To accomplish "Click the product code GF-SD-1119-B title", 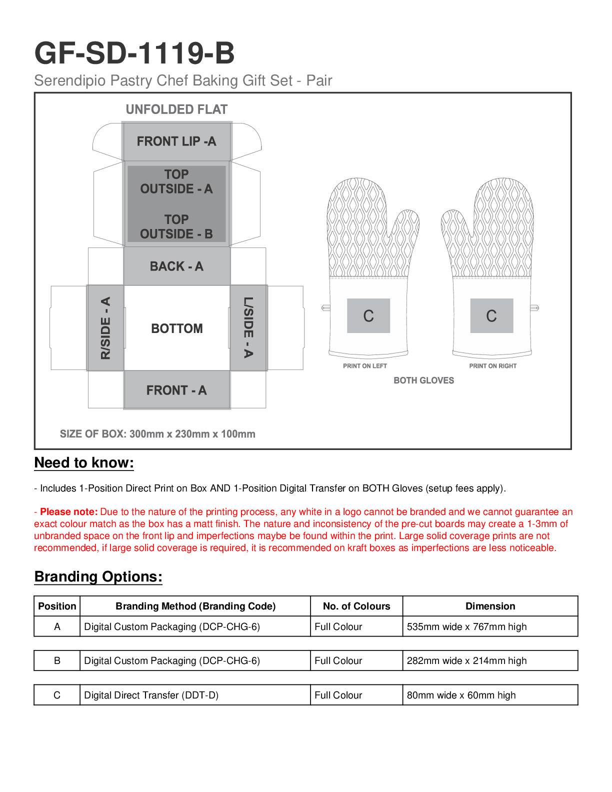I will [x=134, y=53].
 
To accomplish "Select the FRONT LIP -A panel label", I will [x=176, y=141].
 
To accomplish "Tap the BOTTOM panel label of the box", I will [x=177, y=328].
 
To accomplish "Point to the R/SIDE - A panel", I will [x=105, y=328].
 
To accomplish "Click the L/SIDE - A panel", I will [x=248, y=327].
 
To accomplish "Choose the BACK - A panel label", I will [x=176, y=266].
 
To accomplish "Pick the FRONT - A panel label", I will [x=176, y=390].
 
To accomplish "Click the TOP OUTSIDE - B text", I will [x=176, y=227].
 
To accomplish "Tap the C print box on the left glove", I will [x=368, y=316].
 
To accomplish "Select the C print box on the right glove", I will [x=491, y=316].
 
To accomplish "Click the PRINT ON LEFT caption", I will [x=365, y=366].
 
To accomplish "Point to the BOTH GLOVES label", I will [x=423, y=380].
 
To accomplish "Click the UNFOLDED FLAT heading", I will [x=176, y=109].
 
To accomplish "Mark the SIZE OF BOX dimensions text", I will [x=157, y=434].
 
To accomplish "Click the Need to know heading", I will [x=84, y=463].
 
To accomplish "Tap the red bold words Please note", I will [x=68, y=512].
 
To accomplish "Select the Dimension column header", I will [x=490, y=606].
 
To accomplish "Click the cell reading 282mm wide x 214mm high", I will [x=466, y=660].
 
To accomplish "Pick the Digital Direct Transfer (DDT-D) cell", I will [x=151, y=695].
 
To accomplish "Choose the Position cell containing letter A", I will [x=57, y=626].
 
